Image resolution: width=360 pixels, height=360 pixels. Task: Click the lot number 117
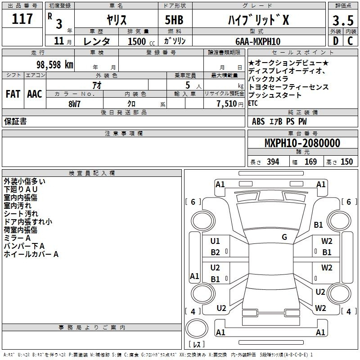pyautogui.click(x=22, y=18)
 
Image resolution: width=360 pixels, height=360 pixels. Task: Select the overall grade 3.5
pyautogui.click(x=343, y=21)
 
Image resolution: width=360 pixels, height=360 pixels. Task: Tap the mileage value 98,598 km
pyautogui.click(x=55, y=65)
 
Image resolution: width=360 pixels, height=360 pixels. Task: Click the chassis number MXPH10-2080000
pyautogui.click(x=302, y=143)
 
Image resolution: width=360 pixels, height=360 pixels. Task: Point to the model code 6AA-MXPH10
pyautogui.click(x=258, y=41)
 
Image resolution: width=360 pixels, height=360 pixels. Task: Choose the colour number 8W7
pyautogui.click(x=74, y=104)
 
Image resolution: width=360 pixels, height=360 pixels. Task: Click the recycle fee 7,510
pyautogui.click(x=227, y=104)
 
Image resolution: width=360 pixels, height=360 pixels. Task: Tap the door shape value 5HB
pyautogui.click(x=174, y=20)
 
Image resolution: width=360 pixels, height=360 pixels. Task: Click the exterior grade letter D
pyautogui.click(x=336, y=41)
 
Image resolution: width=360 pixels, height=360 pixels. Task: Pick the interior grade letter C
pyautogui.click(x=350, y=41)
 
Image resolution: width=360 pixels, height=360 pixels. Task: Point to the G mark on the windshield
pyautogui.click(x=284, y=237)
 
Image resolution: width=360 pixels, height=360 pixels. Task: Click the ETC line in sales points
pyautogui.click(x=253, y=103)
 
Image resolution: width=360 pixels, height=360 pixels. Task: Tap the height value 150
pyautogui.click(x=346, y=162)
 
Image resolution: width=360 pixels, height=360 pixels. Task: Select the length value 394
pyautogui.click(x=273, y=162)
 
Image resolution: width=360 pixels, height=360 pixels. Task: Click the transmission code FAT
pyautogui.click(x=13, y=94)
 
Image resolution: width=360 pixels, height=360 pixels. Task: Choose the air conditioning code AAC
pyautogui.click(x=35, y=94)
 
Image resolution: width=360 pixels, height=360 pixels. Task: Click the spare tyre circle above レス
pyautogui.click(x=197, y=328)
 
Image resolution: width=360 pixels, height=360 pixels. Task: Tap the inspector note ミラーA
pyautogui.click(x=17, y=238)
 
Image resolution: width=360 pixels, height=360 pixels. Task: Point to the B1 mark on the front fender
pyautogui.click(x=318, y=225)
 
